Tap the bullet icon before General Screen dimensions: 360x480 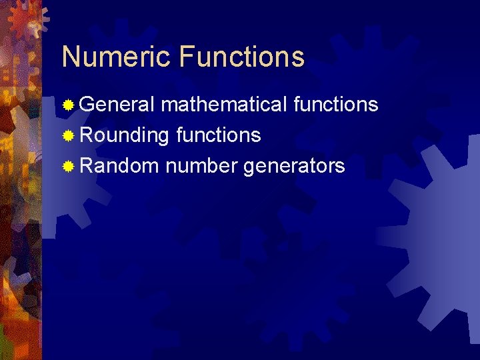(x=68, y=105)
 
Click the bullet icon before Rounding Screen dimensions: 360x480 (x=68, y=136)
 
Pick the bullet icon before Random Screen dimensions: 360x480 (x=68, y=167)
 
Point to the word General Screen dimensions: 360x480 (x=117, y=105)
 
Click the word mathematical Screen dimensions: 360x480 (x=225, y=105)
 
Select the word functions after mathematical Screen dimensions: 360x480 (x=336, y=105)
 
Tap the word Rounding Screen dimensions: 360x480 (x=125, y=135)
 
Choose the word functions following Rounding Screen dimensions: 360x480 (x=219, y=135)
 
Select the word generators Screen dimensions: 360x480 (x=294, y=166)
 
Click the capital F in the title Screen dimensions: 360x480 (x=187, y=57)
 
